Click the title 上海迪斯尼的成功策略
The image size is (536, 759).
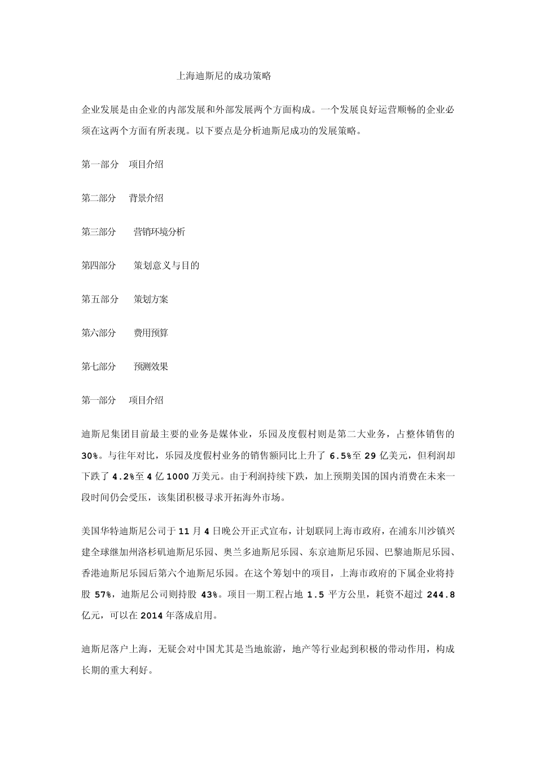tap(224, 76)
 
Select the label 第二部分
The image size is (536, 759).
tap(99, 198)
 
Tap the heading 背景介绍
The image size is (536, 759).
tap(146, 198)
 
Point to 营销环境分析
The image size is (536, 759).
tap(159, 232)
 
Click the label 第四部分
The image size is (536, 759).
tap(99, 265)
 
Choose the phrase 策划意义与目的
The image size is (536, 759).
tap(166, 265)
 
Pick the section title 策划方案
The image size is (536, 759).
tap(151, 299)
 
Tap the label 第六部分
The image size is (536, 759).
tap(99, 333)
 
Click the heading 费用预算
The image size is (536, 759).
tap(151, 333)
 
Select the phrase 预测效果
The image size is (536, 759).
tap(151, 367)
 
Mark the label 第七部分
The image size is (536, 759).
tap(99, 367)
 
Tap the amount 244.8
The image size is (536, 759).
tap(441, 595)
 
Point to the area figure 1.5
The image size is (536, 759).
tap(315, 595)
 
